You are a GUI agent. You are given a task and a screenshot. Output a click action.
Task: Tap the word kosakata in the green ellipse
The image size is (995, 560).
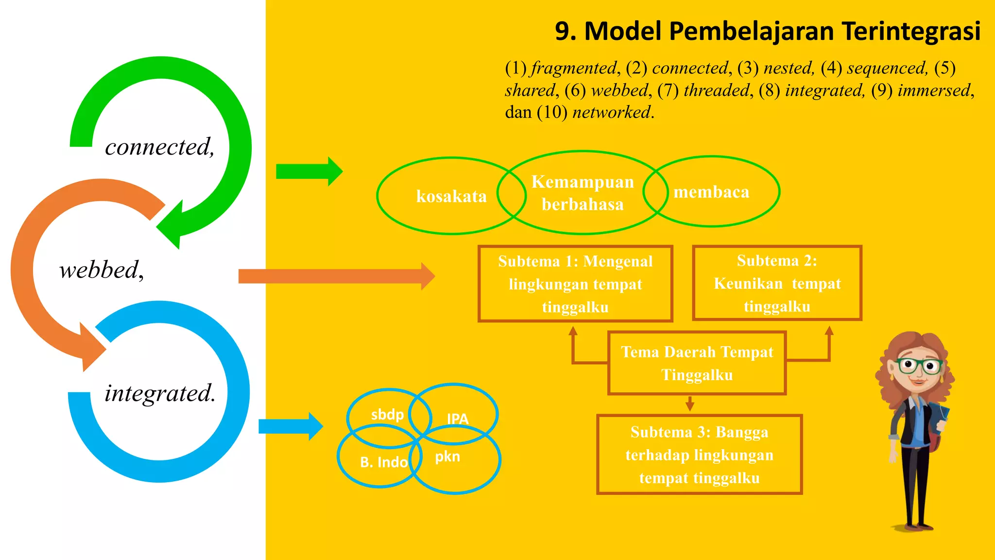tap(451, 196)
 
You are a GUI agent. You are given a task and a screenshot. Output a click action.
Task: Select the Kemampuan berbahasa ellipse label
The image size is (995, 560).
tap(583, 193)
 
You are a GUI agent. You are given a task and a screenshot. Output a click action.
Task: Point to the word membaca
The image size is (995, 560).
tap(711, 192)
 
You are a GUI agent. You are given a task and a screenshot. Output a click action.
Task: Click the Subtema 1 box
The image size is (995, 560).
tap(575, 284)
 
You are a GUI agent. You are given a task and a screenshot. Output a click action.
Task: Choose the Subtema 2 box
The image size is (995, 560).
tap(777, 283)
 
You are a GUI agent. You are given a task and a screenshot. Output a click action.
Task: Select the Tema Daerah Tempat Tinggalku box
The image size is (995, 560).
tap(697, 363)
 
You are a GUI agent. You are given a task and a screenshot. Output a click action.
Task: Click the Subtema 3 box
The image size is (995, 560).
tap(699, 455)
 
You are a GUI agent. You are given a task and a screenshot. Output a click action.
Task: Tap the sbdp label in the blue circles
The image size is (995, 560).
tap(387, 415)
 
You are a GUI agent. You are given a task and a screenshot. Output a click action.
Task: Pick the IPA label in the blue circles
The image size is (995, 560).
tap(458, 419)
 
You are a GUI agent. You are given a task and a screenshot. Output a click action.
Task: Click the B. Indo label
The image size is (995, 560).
tap(383, 462)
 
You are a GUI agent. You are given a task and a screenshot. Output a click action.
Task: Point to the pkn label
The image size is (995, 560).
tap(447, 456)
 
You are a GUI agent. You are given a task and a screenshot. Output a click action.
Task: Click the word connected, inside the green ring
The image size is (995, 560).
tap(159, 147)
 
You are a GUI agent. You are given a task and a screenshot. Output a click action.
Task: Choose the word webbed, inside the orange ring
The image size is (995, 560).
tap(102, 270)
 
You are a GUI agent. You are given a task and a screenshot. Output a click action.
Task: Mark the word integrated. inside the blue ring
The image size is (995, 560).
tap(160, 393)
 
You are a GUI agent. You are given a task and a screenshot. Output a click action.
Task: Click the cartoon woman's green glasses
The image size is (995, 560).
tap(919, 365)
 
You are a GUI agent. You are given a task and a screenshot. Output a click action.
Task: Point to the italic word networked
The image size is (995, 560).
tap(612, 112)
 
